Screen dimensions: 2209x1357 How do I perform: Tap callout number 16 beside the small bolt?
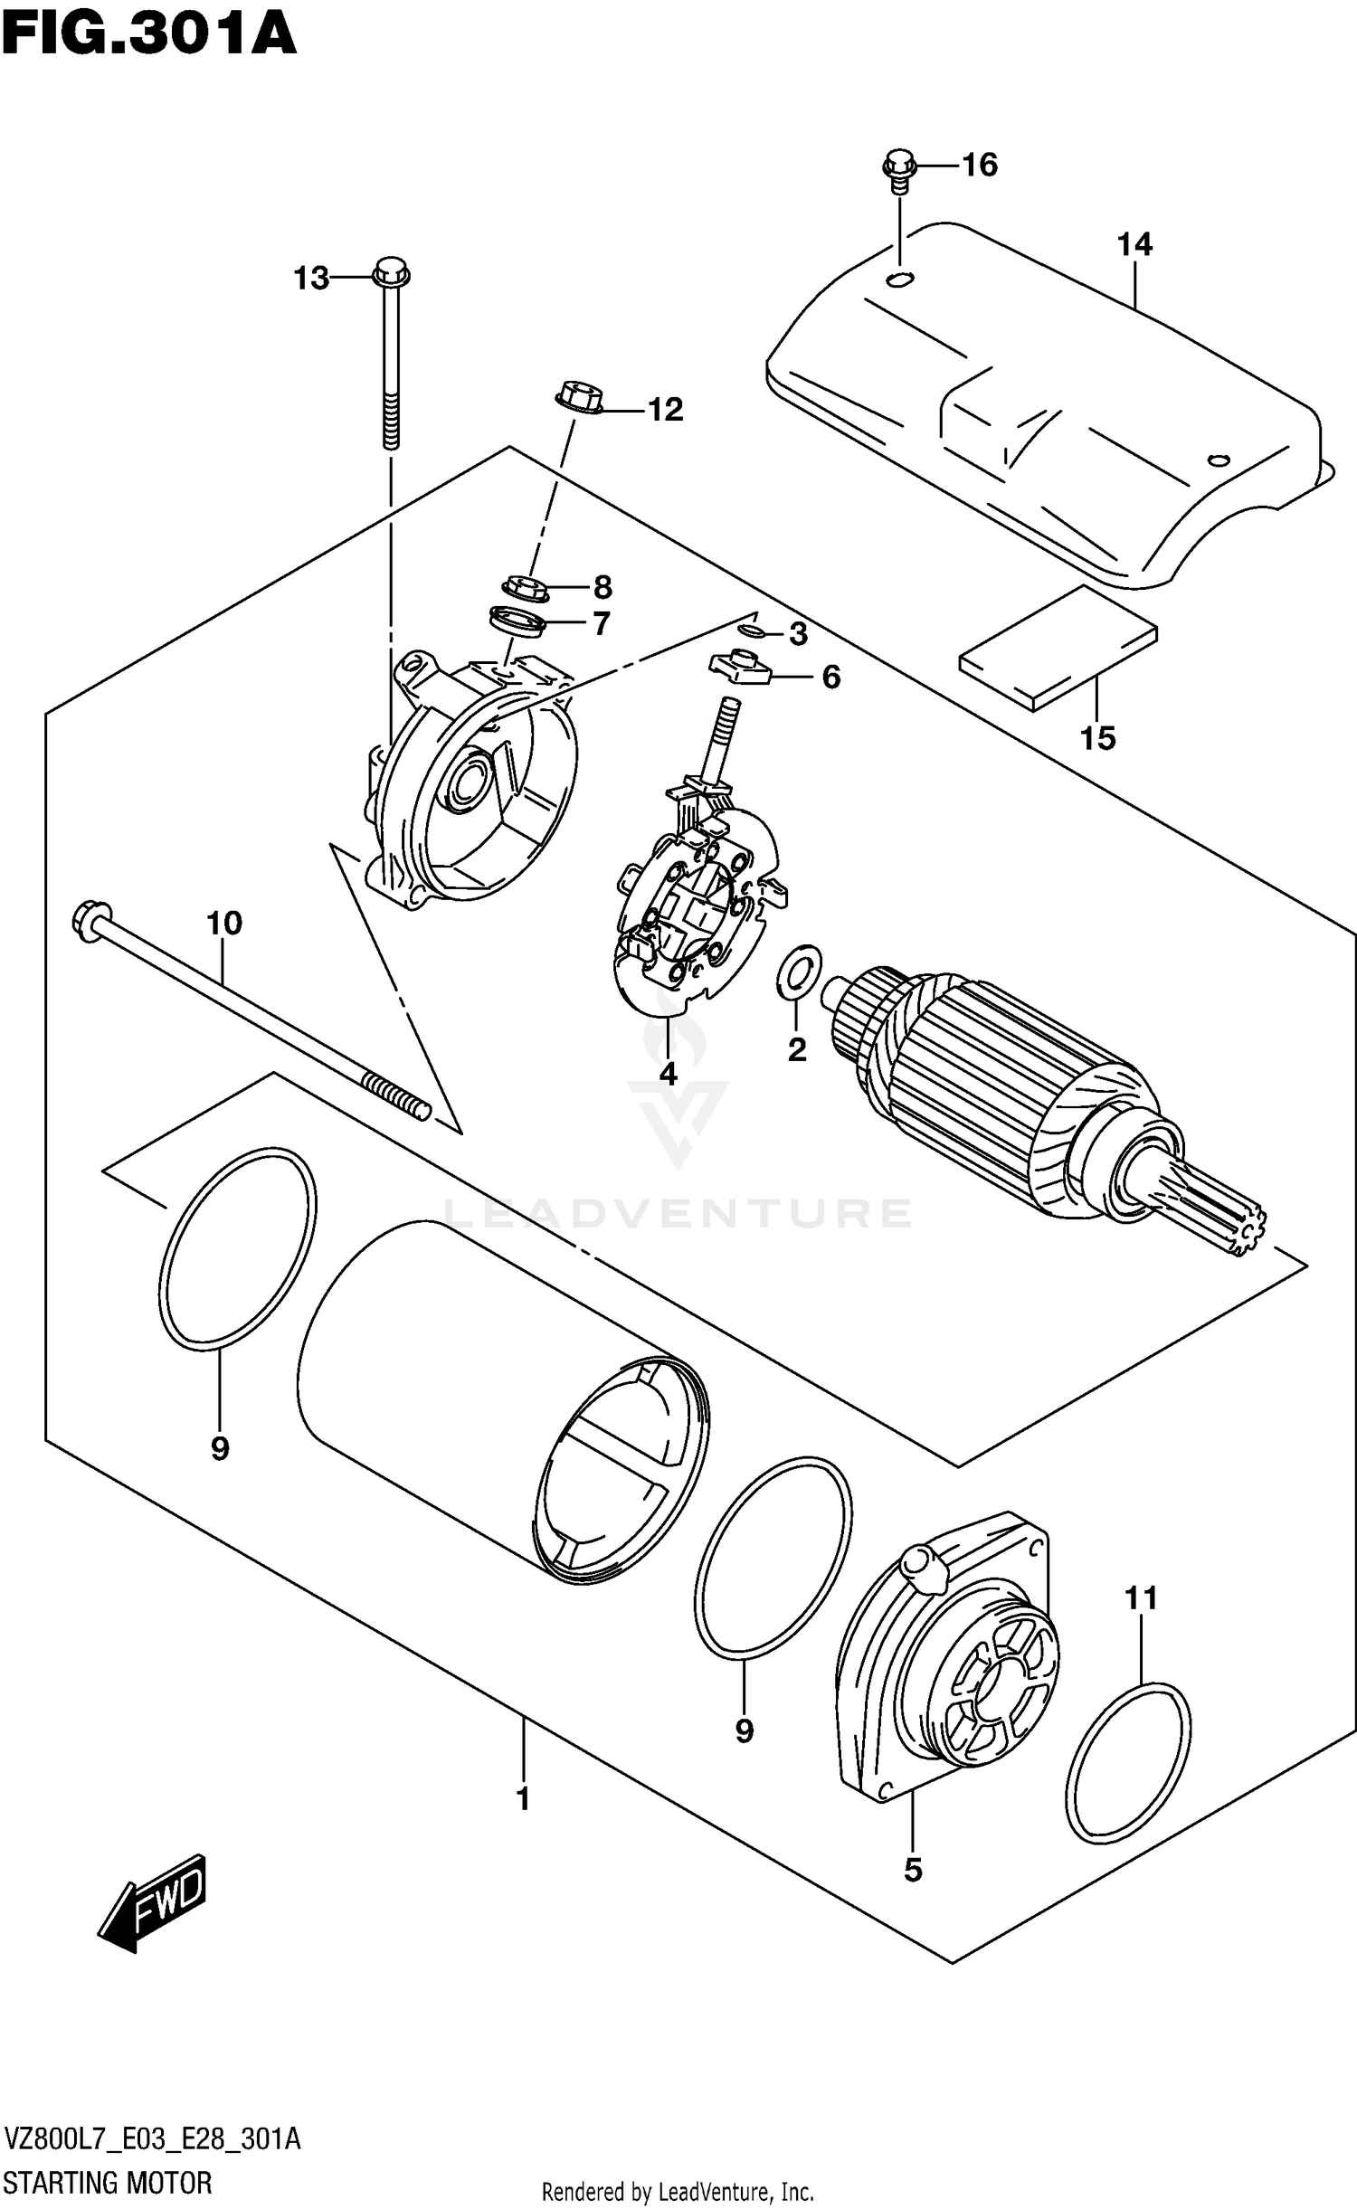coord(979,165)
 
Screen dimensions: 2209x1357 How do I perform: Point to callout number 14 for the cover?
coord(1134,244)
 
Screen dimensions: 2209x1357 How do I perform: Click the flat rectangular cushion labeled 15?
coord(1058,647)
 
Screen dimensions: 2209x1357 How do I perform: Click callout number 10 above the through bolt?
coord(224,923)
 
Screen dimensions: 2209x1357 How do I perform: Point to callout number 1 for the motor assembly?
coord(523,1800)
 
